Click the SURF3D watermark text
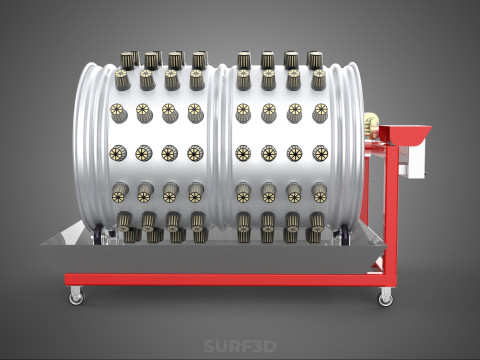pyautogui.click(x=239, y=347)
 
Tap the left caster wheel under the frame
pyautogui.click(x=76, y=296)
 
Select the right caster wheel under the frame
pyautogui.click(x=386, y=296)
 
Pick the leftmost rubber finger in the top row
pyautogui.click(x=128, y=60)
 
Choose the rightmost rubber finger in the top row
pyautogui.click(x=315, y=60)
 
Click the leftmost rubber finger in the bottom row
pyautogui.click(x=127, y=235)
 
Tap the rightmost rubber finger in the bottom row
pyautogui.click(x=316, y=235)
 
